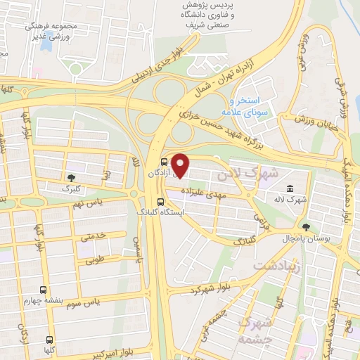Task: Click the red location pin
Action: pyautogui.click(x=181, y=165)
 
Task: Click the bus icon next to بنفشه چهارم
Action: pyautogui.click(x=44, y=290)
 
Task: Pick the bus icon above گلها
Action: pyautogui.click(x=49, y=338)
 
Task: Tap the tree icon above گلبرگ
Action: pyautogui.click(x=71, y=178)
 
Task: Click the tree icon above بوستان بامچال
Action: pyautogui.click(x=305, y=227)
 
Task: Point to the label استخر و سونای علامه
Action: pyautogui.click(x=241, y=106)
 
